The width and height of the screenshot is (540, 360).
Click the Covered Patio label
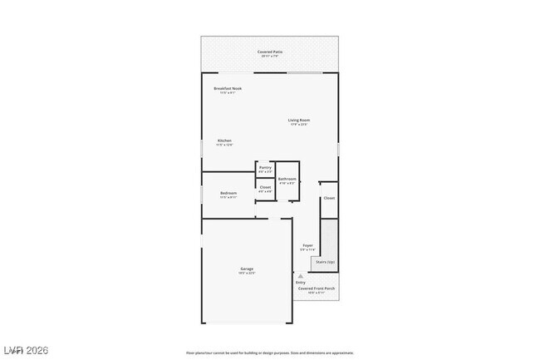click(270, 52)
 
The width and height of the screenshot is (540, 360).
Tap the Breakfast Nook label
click(228, 88)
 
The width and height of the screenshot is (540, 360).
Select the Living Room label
click(299, 121)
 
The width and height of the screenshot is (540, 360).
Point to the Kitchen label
click(225, 141)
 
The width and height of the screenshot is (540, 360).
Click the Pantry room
click(265, 169)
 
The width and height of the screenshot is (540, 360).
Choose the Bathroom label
click(287, 179)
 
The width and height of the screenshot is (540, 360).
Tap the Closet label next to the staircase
click(329, 198)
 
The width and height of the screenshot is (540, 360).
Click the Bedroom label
click(228, 193)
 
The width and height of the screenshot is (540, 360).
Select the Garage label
click(247, 269)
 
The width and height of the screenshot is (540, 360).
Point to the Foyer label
click(307, 245)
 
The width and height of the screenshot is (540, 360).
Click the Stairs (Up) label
click(324, 262)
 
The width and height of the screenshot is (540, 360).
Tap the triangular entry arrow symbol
click(301, 275)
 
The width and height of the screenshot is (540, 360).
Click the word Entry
click(301, 283)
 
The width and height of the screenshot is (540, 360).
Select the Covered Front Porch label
click(322, 288)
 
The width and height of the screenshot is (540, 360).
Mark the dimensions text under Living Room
click(299, 125)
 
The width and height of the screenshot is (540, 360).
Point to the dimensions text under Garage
click(247, 274)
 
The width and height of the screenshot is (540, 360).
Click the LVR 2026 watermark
click(26, 350)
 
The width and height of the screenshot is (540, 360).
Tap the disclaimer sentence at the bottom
click(270, 353)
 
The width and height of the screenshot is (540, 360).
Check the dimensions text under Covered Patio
click(270, 57)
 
